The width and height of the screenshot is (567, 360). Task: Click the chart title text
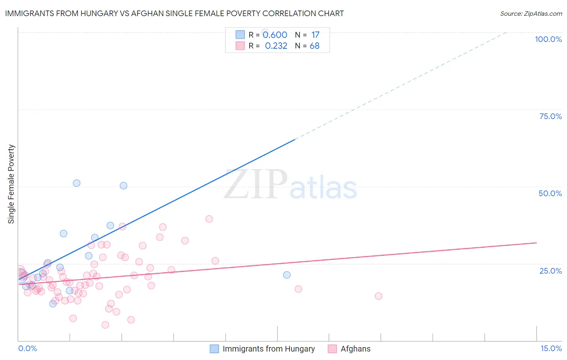[x=174, y=13]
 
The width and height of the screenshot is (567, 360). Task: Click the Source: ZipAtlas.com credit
[x=531, y=14]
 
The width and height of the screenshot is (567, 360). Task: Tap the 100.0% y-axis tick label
[x=548, y=39]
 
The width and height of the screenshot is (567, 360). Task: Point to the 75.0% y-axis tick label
[x=550, y=116]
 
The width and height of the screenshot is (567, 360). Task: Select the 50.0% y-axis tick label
[x=550, y=193]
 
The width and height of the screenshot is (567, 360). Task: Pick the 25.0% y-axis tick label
[x=550, y=270]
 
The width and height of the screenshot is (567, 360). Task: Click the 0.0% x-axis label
[x=27, y=348]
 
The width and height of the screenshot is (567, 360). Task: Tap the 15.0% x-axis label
[x=551, y=348]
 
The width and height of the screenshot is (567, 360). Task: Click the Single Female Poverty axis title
[x=11, y=184]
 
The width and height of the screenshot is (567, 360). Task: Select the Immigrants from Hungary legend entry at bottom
[x=269, y=349]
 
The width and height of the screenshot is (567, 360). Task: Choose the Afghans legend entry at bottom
[x=355, y=349]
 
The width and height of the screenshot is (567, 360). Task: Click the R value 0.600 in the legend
[x=275, y=35]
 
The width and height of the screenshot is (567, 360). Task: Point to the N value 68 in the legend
[x=315, y=46]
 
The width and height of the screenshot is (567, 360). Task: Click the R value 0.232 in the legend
[x=276, y=46]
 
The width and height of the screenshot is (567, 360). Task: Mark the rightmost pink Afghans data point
[x=378, y=296]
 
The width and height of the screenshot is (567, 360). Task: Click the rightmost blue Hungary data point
[x=287, y=275]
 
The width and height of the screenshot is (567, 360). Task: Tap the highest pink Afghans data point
[x=209, y=219]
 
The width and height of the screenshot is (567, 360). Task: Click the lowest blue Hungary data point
[x=53, y=303]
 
